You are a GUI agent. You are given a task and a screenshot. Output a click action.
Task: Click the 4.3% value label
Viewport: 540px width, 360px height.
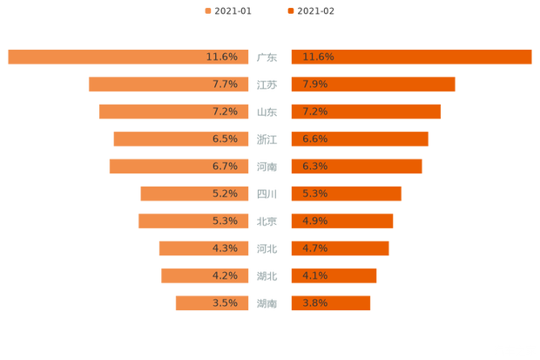[x=225, y=248]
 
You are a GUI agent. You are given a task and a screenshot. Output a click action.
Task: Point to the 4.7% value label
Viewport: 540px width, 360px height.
[x=314, y=248]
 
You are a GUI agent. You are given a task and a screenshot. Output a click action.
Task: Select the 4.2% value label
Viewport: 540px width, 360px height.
[x=225, y=275]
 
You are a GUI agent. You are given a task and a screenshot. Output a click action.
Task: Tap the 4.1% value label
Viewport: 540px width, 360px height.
[x=314, y=275]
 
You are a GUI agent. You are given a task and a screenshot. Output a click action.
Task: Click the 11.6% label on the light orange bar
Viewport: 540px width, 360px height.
[x=221, y=57]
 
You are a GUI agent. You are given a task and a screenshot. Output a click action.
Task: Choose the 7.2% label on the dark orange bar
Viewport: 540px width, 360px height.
[x=314, y=112]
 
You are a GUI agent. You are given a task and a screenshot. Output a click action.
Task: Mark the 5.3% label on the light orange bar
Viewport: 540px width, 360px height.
[x=225, y=221]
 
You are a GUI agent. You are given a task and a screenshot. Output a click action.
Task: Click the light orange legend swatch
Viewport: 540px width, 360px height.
[x=207, y=11]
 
